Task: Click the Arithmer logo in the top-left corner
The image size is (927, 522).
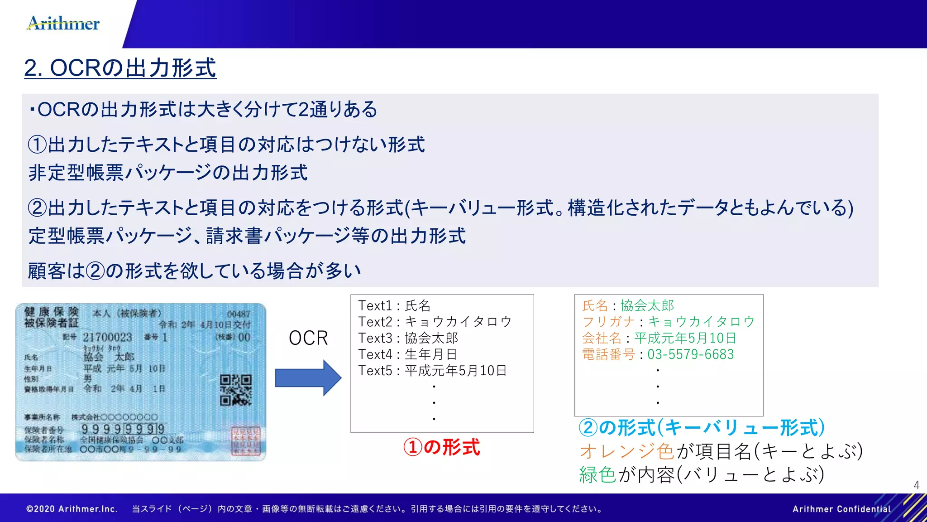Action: (63, 23)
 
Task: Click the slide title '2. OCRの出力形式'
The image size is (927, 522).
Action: (120, 68)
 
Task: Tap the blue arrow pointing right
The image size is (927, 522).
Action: (308, 378)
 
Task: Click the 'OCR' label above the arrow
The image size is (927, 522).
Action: (308, 338)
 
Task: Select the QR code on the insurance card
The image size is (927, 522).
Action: (235, 390)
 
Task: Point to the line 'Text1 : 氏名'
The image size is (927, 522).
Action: (394, 306)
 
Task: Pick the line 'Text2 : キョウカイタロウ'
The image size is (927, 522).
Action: (435, 322)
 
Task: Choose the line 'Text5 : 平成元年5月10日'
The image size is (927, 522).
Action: (432, 371)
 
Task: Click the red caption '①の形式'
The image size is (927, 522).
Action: (441, 447)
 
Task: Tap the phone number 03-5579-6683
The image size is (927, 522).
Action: (690, 354)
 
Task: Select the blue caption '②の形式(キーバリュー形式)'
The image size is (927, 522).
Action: (702, 427)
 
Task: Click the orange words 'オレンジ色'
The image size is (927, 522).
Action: (627, 451)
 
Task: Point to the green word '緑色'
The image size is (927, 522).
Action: (597, 474)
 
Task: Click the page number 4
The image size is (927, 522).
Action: (916, 485)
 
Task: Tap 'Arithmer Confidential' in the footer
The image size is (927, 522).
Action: (841, 509)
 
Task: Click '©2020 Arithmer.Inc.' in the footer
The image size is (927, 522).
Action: (72, 509)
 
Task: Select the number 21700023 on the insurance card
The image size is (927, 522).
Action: (107, 337)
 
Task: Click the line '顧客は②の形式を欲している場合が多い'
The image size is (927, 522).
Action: (195, 271)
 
